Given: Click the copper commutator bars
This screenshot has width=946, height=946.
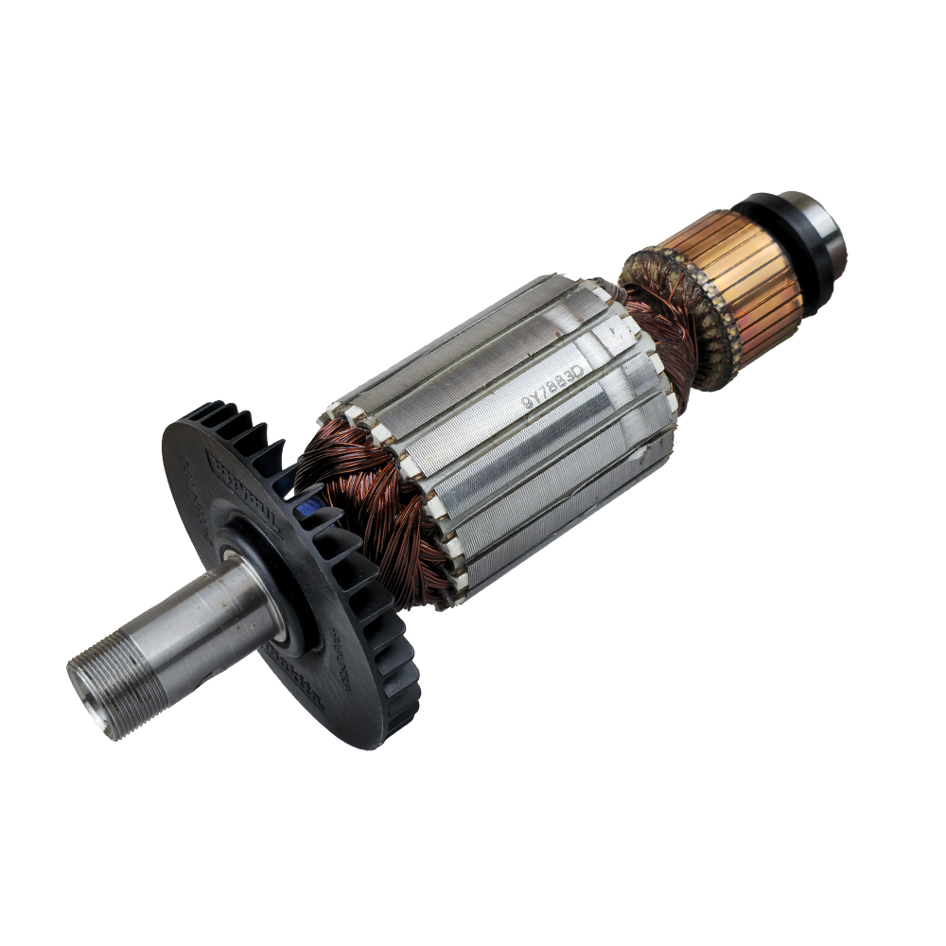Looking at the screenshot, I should point(747,274).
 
